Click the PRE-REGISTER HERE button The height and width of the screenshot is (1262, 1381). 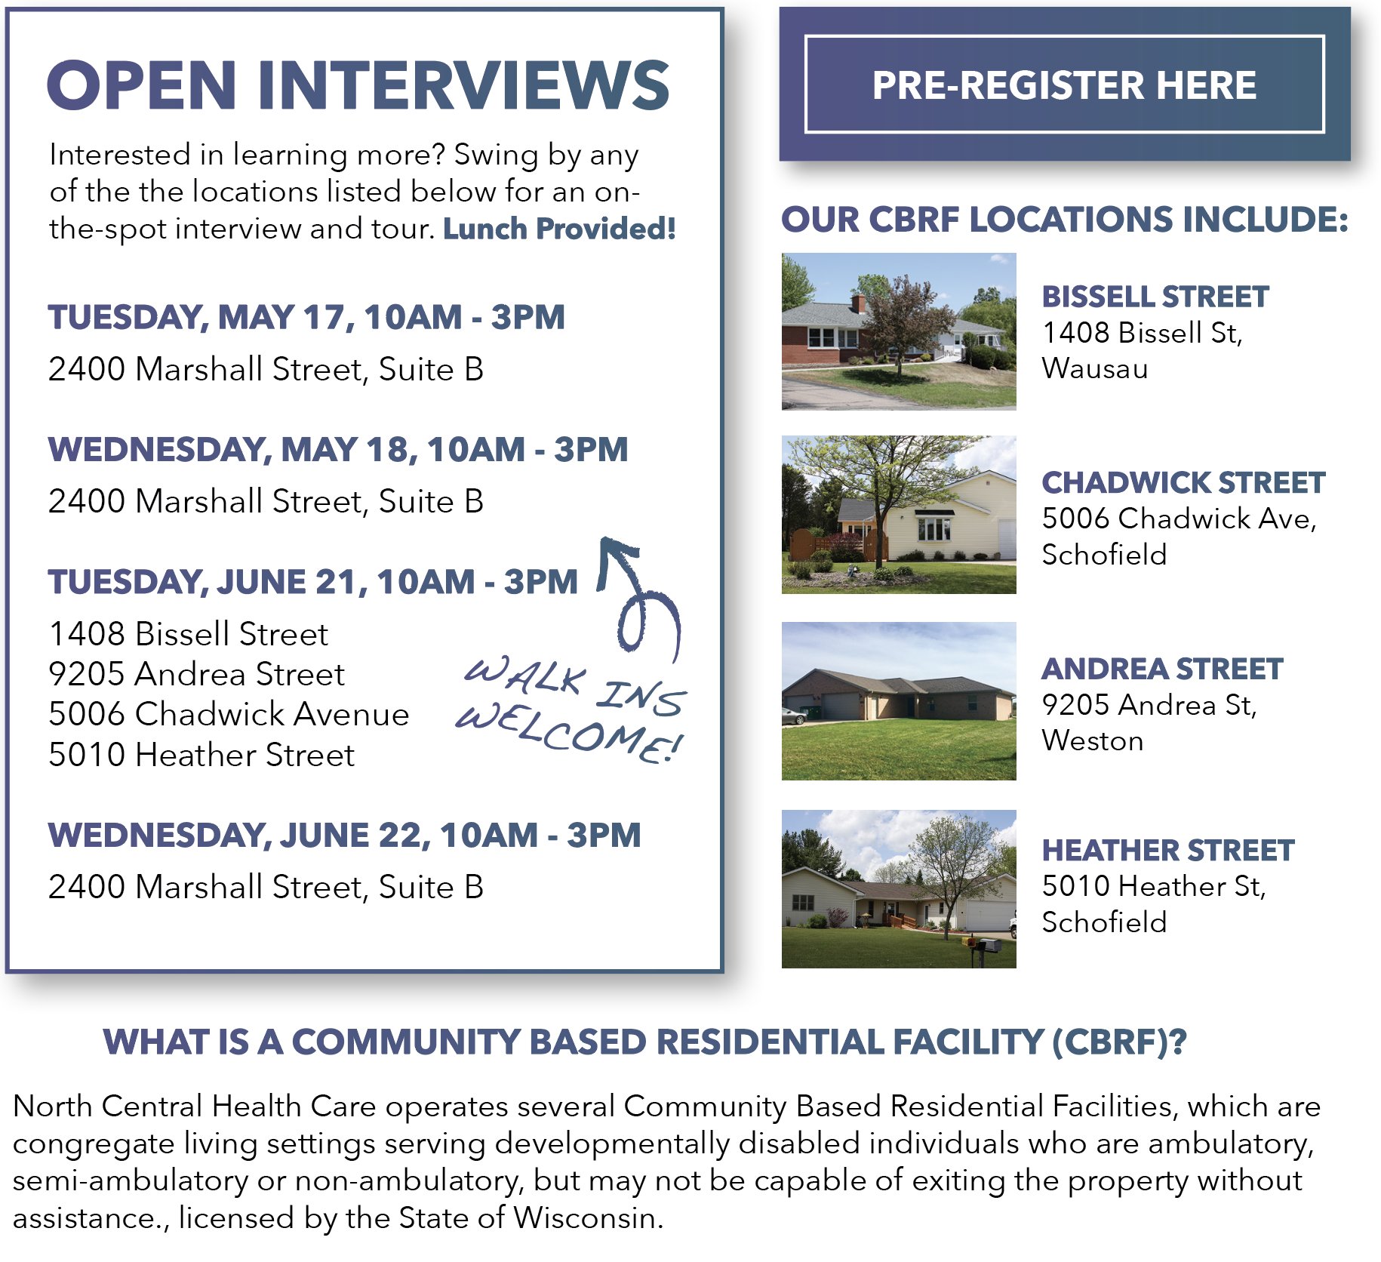(x=1064, y=84)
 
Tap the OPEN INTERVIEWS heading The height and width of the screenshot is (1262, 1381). (x=358, y=85)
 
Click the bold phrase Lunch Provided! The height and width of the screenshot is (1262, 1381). (x=559, y=229)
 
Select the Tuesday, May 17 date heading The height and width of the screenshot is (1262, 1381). (x=306, y=317)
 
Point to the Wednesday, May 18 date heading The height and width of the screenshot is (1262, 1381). (x=338, y=450)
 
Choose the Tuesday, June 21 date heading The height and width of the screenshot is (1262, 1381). (x=313, y=582)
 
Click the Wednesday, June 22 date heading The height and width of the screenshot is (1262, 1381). (x=345, y=836)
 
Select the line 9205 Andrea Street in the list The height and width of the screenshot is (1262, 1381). (x=196, y=674)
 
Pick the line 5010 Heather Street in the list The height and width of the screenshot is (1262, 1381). (x=201, y=755)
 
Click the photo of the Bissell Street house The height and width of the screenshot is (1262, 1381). (x=899, y=331)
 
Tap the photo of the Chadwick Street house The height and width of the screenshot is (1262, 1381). (x=899, y=515)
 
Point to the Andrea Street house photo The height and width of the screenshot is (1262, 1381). (x=899, y=701)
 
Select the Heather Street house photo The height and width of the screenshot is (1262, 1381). (x=899, y=889)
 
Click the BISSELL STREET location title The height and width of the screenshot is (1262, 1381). (x=1155, y=297)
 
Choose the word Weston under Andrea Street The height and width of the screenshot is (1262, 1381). (x=1093, y=741)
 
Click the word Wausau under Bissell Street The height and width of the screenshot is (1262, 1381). (x=1095, y=368)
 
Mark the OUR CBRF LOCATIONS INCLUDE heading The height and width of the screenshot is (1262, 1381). (x=1065, y=220)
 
